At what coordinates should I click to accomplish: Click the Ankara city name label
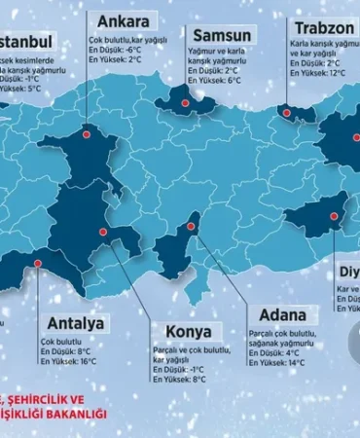tap(123, 20)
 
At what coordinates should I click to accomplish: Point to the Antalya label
tap(72, 323)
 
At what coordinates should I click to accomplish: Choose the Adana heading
tap(283, 315)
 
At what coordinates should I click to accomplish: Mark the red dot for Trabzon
tap(287, 113)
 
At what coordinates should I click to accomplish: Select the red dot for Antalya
tap(39, 262)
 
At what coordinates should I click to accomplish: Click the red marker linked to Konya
tap(103, 234)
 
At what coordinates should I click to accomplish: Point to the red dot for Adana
tap(191, 227)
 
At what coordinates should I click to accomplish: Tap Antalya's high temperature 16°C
tap(87, 361)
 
